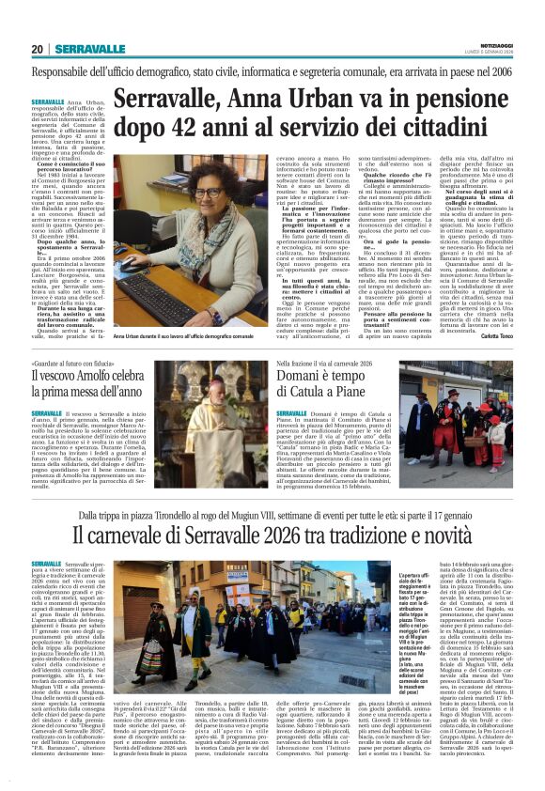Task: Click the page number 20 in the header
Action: (x=37, y=49)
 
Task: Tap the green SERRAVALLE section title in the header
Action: (x=89, y=49)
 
